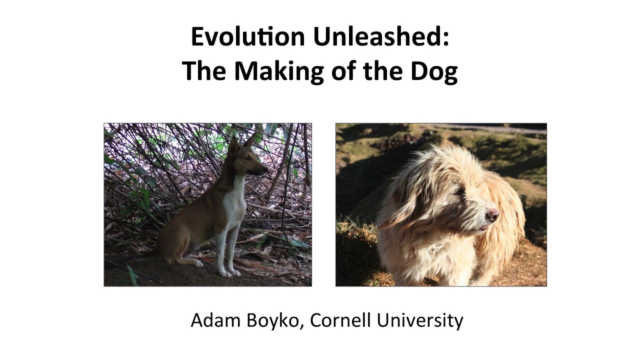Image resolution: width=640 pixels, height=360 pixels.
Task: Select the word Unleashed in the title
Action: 381,37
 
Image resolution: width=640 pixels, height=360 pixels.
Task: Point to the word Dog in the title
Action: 431,71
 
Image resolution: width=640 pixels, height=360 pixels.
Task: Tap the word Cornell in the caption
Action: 340,320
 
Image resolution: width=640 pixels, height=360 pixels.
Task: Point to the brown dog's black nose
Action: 265,170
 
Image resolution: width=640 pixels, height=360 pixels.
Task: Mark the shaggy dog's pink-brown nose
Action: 492,215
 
